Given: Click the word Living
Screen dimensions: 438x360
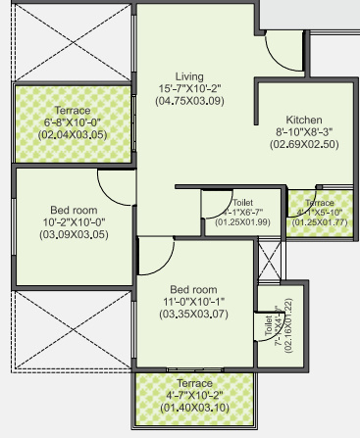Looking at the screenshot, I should pyautogui.click(x=188, y=75).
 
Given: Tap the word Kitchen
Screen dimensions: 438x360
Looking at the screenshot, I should pyautogui.click(x=290, y=119).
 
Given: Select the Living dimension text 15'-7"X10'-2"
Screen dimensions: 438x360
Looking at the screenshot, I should pyautogui.click(x=188, y=88).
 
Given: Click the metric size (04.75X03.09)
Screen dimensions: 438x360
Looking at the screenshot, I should pyautogui.click(x=188, y=101).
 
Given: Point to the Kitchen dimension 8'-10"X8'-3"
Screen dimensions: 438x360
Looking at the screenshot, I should pyautogui.click(x=290, y=131).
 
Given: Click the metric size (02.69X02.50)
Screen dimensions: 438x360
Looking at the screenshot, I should pyautogui.click(x=290, y=144).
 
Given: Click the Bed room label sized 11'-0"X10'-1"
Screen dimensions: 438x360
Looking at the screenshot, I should pyautogui.click(x=192, y=290).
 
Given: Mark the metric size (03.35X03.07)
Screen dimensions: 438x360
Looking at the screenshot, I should pyautogui.click(x=192, y=316).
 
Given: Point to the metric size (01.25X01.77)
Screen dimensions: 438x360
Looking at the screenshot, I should pyautogui.click(x=318, y=222).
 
